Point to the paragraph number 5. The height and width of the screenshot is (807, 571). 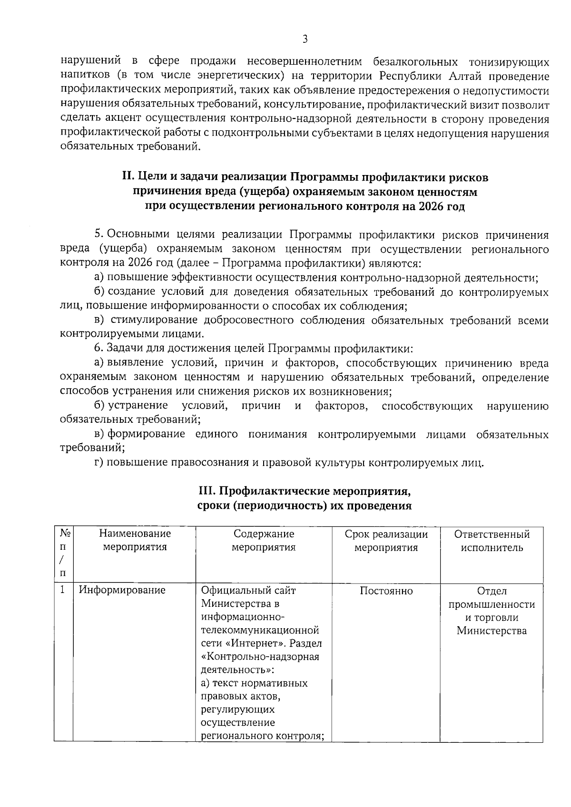click(x=98, y=235)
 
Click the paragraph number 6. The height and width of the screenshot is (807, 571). click(x=98, y=349)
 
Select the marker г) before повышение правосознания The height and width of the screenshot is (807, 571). click(x=99, y=462)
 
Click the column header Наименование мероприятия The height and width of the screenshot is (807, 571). click(x=135, y=541)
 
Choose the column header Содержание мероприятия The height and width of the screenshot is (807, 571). click(x=264, y=541)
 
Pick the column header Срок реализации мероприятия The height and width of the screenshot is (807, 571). click(x=386, y=541)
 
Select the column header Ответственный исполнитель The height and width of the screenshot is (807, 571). click(x=492, y=541)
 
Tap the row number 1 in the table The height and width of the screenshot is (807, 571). click(x=62, y=591)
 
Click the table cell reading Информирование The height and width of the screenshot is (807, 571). click(x=122, y=591)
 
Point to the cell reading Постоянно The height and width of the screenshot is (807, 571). click(x=386, y=591)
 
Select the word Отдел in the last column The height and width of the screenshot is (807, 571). click(x=492, y=591)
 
